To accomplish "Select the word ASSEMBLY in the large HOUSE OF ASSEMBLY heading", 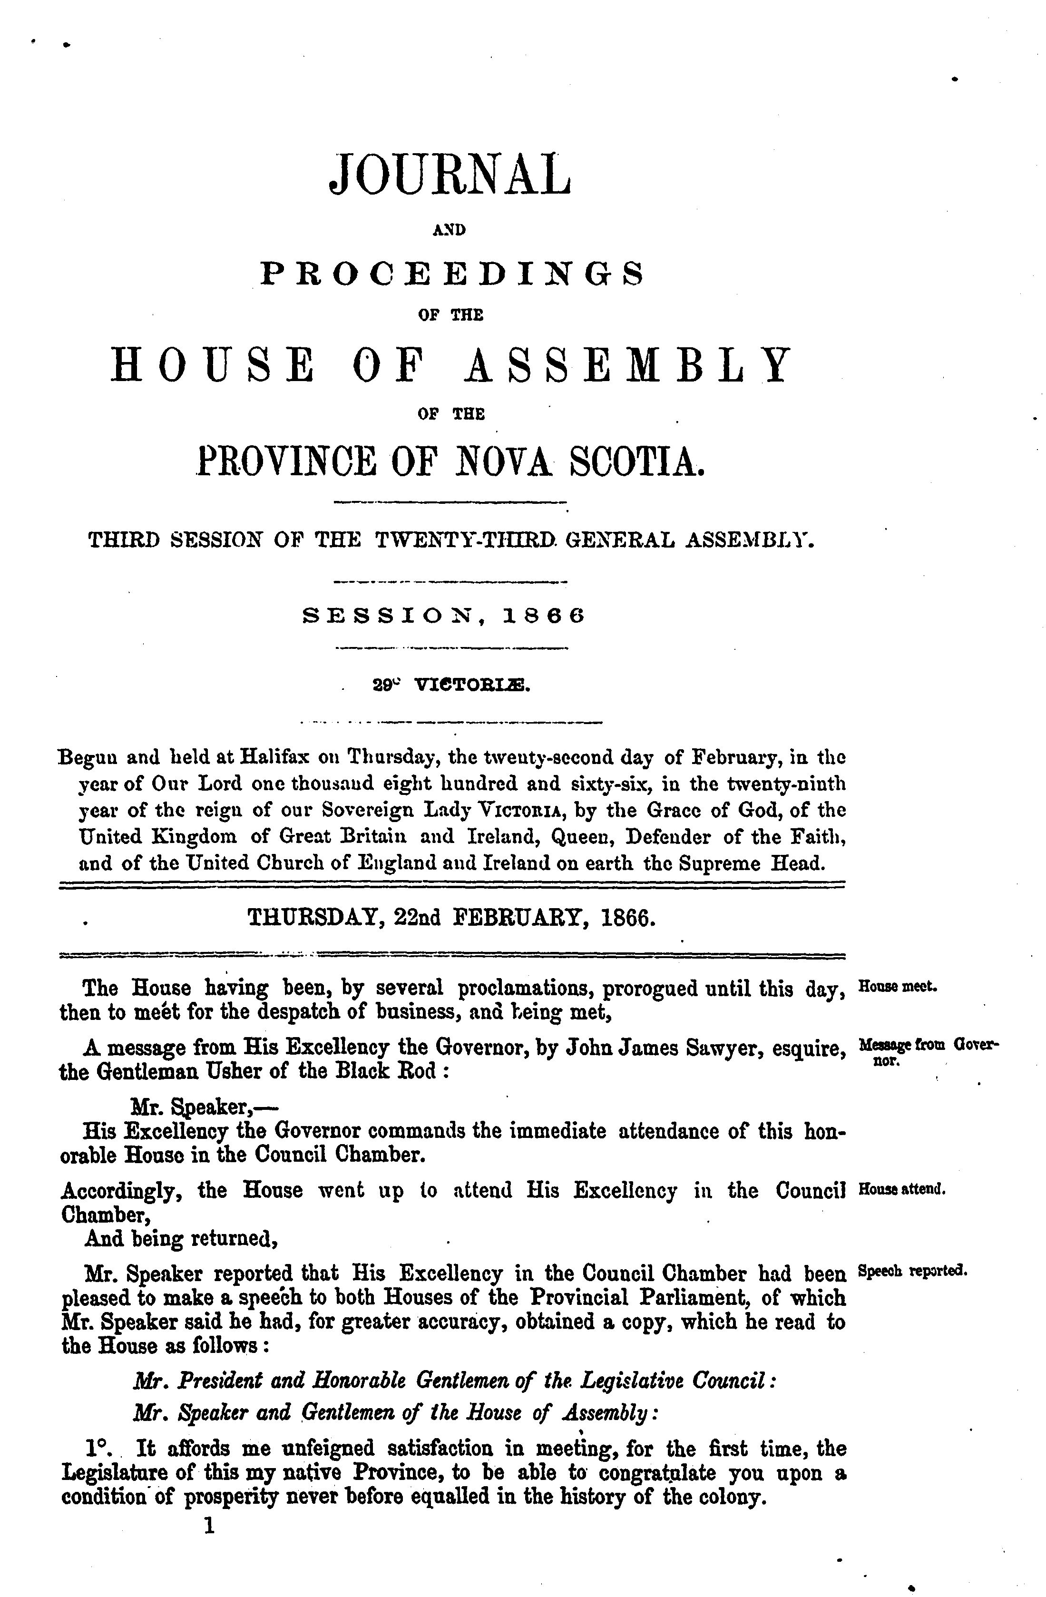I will (628, 365).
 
